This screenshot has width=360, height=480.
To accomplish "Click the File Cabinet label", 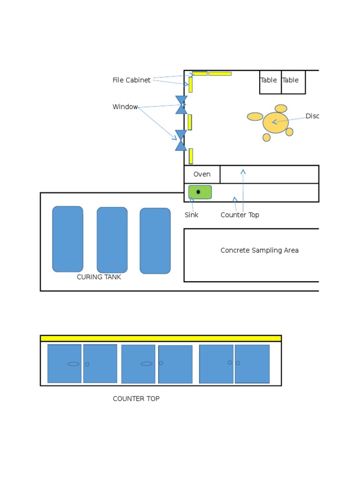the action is point(131,80).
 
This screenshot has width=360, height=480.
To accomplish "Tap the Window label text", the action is point(125,107).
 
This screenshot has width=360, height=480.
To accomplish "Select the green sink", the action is point(200,192).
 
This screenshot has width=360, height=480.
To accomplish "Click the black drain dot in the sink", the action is point(198,192).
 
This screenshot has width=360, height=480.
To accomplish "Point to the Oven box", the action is point(202,174).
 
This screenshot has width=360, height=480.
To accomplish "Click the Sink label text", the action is point(191,215).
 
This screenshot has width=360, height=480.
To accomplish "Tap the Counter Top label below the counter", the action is point(240,215).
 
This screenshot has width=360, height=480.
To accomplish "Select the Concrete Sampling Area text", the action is point(259,250).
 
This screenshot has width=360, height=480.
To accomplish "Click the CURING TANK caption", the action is point(99,277).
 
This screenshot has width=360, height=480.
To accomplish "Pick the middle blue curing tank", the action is point(112,240).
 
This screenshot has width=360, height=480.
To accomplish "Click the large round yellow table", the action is point(276,123).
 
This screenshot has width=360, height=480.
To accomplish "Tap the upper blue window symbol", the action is point(181,105).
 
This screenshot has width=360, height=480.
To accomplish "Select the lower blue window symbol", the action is point(181,140).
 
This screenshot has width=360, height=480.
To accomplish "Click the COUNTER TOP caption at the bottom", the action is point(136,399).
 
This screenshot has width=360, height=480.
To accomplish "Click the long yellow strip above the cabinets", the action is point(161,338).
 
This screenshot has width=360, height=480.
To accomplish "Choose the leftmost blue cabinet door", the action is point(65,364).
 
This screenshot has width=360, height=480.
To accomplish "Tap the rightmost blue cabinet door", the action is point(252,364).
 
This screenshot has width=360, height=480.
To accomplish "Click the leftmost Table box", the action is point(270,82).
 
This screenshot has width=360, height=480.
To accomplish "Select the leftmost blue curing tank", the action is point(68,239).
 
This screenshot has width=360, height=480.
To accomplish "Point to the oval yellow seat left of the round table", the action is point(255,117).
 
